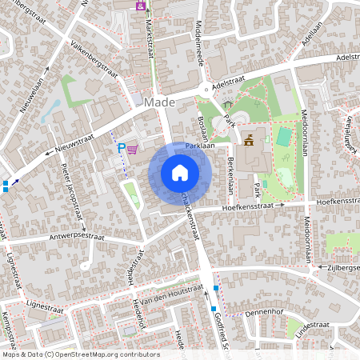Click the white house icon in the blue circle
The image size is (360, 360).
click(180, 172)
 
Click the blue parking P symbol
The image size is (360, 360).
click(122, 148)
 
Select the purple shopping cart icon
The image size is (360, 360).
click(132, 148)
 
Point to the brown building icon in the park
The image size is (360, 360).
click(250, 142)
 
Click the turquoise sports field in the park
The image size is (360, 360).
click(282, 137)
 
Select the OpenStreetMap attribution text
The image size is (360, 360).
click(81, 354)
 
